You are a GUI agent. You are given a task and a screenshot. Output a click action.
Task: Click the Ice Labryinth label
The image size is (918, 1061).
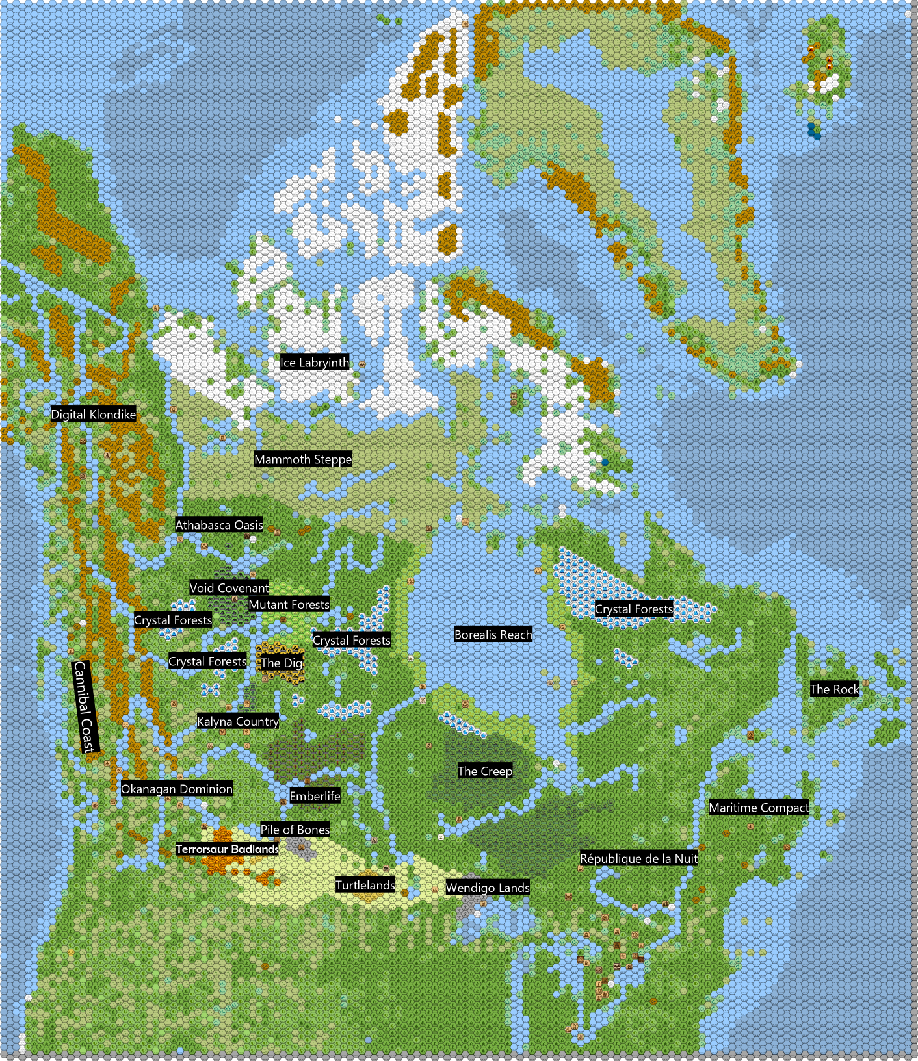point(315,363)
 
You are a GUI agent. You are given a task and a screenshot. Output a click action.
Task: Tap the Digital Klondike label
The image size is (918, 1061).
point(94,415)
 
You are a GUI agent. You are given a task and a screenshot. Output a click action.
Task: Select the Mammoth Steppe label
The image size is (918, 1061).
point(303,459)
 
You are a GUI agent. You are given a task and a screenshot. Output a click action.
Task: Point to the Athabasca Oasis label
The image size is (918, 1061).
point(219,525)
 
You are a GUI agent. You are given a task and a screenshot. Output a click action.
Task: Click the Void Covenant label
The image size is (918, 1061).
point(229,588)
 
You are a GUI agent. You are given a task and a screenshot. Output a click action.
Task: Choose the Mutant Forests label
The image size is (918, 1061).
point(289,605)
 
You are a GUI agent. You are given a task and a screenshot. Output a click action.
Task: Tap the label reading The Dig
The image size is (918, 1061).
point(282,663)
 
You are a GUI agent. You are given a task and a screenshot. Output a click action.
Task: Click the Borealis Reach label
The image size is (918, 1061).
point(493,635)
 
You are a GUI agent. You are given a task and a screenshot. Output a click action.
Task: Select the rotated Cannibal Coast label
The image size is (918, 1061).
point(85,707)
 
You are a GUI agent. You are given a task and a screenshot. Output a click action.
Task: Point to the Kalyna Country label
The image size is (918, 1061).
point(238,721)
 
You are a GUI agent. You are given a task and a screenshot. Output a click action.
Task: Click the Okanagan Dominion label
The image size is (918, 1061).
point(177,789)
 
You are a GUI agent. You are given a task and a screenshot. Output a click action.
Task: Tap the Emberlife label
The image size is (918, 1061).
point(315,796)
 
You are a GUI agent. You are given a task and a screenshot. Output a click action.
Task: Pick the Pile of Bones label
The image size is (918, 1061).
point(295,830)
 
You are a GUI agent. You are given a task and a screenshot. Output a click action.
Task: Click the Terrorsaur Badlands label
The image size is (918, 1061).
point(227,849)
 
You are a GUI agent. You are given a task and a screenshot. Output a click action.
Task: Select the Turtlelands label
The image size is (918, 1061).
point(365,885)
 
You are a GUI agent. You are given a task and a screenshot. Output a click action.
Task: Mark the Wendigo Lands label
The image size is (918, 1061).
point(488,888)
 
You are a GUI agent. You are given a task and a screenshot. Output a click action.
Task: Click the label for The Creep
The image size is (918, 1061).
point(485,771)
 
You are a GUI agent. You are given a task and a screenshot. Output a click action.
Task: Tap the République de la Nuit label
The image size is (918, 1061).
point(638,858)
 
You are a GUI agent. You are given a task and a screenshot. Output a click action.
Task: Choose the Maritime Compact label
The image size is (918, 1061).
point(759,808)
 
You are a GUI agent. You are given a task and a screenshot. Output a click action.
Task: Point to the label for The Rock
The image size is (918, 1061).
point(835,689)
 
